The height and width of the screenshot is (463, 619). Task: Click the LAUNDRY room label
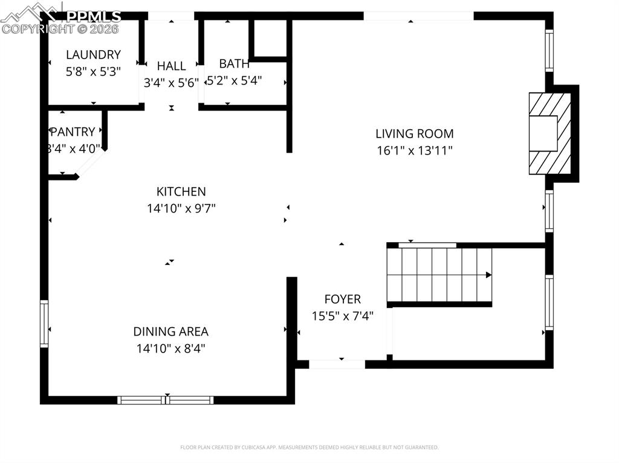(x=93, y=55)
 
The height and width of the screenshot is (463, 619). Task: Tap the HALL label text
(x=171, y=66)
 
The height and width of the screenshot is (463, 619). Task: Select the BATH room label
(x=234, y=63)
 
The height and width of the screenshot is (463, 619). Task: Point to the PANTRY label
(x=73, y=132)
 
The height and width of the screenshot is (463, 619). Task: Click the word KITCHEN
(x=181, y=191)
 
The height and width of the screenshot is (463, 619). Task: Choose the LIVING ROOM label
(x=414, y=133)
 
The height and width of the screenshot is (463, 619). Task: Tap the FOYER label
(x=342, y=299)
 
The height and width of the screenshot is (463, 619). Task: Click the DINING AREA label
(x=171, y=331)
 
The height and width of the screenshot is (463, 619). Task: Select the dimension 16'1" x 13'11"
(x=414, y=150)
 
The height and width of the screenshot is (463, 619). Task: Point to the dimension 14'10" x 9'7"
(x=181, y=208)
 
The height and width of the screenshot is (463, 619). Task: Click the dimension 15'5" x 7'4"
(x=342, y=316)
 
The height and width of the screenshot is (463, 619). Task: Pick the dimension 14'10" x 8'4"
(x=171, y=348)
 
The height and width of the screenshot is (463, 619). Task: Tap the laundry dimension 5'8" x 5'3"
(x=93, y=71)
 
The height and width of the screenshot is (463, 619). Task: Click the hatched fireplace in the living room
(x=549, y=133)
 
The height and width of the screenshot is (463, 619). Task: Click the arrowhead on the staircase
(x=488, y=275)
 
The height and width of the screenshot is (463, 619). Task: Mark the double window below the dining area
(x=166, y=400)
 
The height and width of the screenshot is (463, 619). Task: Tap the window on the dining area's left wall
(x=44, y=324)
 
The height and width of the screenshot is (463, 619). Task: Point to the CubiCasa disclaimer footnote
(x=309, y=447)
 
